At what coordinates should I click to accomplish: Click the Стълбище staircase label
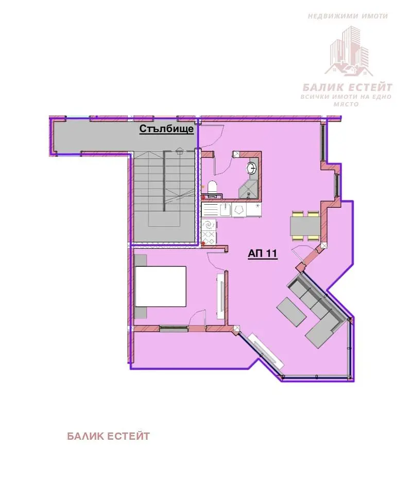(x=166, y=129)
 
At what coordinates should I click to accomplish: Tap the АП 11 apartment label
(x=262, y=254)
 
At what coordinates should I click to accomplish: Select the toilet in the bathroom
(x=212, y=189)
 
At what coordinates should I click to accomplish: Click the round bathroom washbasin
(x=251, y=169)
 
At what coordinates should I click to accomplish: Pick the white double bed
(x=161, y=286)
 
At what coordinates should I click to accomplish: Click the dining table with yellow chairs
(x=304, y=226)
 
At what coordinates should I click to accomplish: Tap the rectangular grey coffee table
(x=291, y=312)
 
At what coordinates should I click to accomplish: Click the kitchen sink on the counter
(x=226, y=210)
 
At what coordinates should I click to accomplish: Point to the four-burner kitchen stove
(x=209, y=238)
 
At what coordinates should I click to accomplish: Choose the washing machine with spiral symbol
(x=209, y=224)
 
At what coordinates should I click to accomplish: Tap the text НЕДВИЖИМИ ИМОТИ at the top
(x=348, y=16)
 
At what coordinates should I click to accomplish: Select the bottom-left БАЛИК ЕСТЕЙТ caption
(x=108, y=437)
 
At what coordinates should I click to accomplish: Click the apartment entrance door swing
(x=212, y=136)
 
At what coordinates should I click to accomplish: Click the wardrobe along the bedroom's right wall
(x=221, y=295)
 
